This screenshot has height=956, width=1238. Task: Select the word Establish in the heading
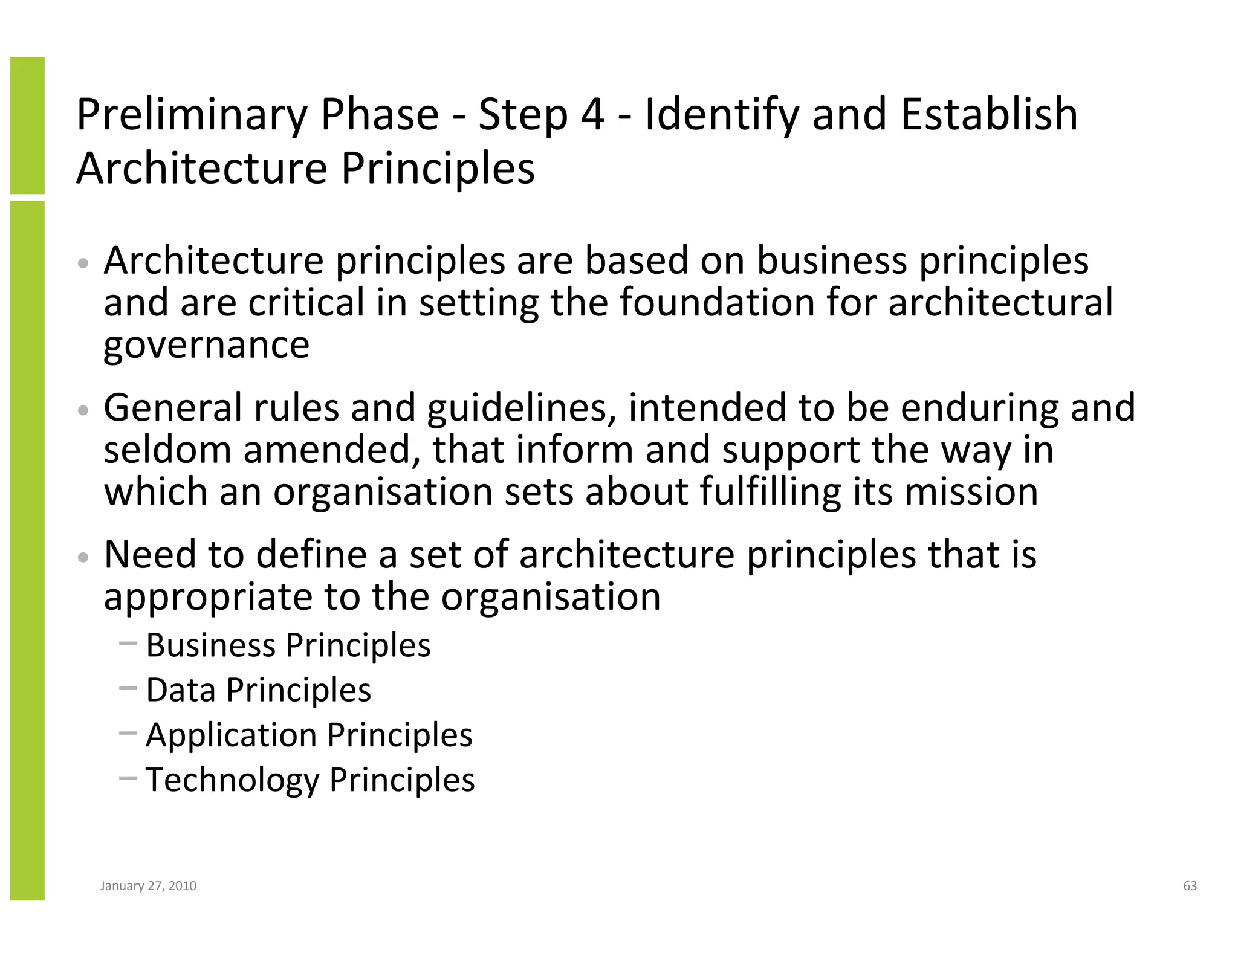tap(989, 115)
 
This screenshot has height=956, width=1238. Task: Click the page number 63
tap(1190, 886)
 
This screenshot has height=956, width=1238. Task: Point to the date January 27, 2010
tap(148, 886)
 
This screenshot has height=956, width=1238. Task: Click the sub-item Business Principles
tap(288, 645)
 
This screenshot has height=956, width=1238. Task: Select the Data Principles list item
tap(258, 690)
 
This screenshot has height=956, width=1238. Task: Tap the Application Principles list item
tap(309, 735)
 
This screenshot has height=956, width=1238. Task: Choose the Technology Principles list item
tap(310, 780)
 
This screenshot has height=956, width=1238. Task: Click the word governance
tap(207, 346)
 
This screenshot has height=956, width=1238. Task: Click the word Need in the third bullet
tap(150, 554)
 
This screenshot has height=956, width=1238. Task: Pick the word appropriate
tap(207, 597)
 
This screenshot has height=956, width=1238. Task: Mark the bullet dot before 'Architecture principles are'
tap(84, 263)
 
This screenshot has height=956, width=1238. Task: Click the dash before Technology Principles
tap(128, 778)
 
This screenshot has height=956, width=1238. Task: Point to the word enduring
tap(980, 409)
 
